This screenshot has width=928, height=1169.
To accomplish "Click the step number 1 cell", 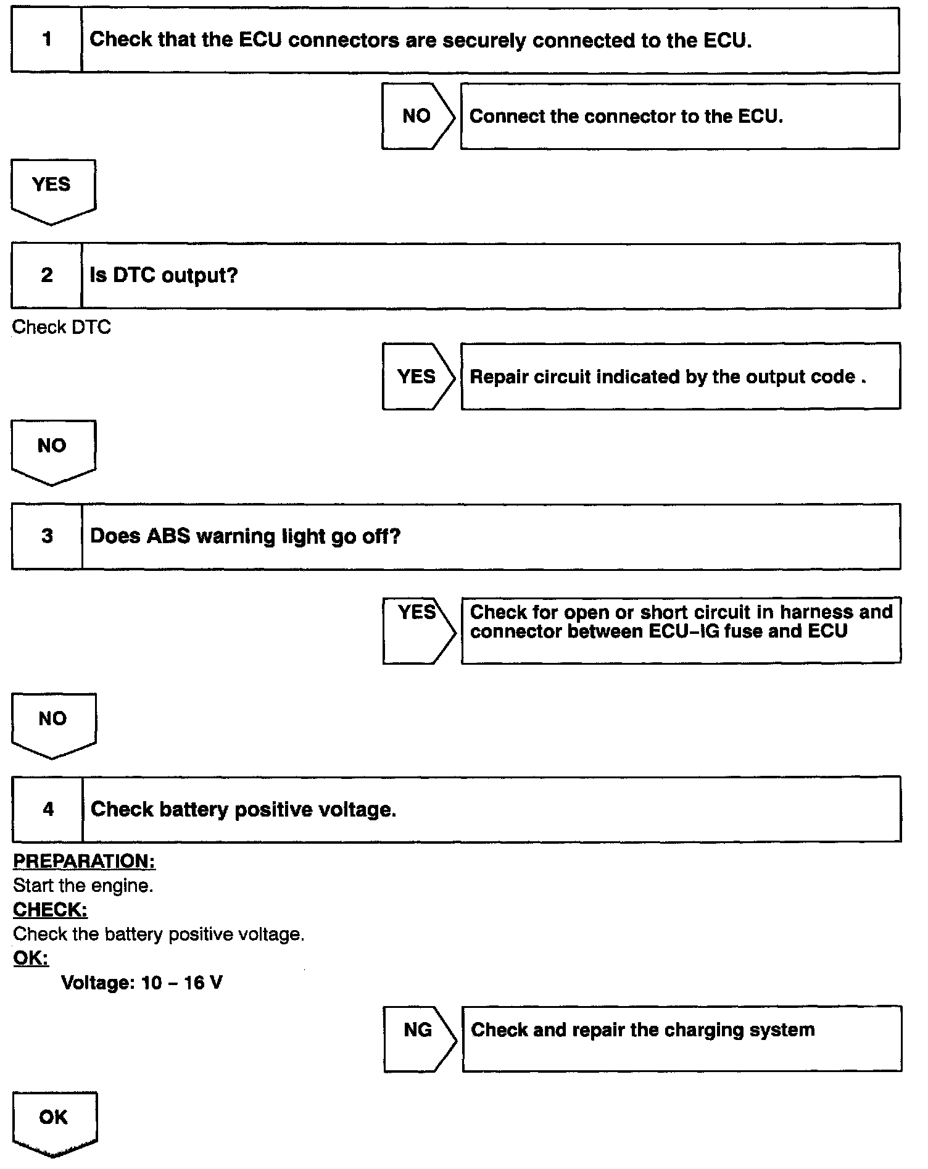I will click(x=46, y=40).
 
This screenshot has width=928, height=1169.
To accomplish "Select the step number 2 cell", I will click(x=46, y=275).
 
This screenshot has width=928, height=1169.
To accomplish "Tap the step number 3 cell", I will click(x=47, y=536).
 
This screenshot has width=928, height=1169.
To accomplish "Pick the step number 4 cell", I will click(x=48, y=809).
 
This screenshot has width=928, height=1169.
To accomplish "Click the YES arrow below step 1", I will click(x=52, y=189).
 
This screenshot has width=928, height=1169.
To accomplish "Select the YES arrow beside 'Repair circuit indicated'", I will click(x=417, y=376).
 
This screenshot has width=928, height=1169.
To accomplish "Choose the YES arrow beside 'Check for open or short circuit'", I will click(x=418, y=630).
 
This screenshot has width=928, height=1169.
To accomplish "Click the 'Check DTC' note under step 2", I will click(x=61, y=327).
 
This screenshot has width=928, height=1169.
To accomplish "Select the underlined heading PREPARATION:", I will click(x=84, y=861).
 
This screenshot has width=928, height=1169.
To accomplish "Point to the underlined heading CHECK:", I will click(x=50, y=910).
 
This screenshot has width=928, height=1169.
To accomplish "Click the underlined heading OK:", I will click(x=31, y=958).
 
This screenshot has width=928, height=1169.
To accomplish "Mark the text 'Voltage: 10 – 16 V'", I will click(x=142, y=983).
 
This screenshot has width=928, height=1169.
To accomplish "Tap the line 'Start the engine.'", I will click(x=83, y=886).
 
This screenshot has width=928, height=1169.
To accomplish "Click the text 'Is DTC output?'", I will click(x=164, y=275).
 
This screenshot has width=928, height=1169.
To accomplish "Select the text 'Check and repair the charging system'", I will click(x=642, y=1030).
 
